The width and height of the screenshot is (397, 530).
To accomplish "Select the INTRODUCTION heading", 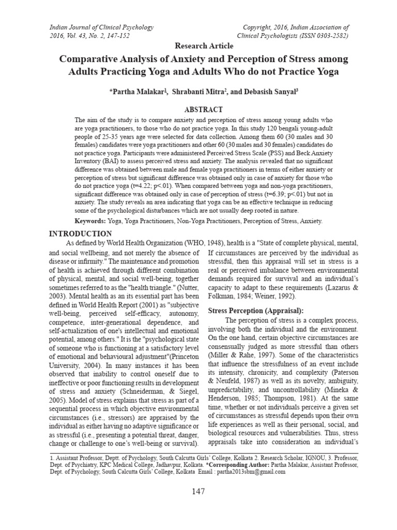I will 80,234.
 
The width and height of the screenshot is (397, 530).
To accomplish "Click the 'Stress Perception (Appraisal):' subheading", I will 255,310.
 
